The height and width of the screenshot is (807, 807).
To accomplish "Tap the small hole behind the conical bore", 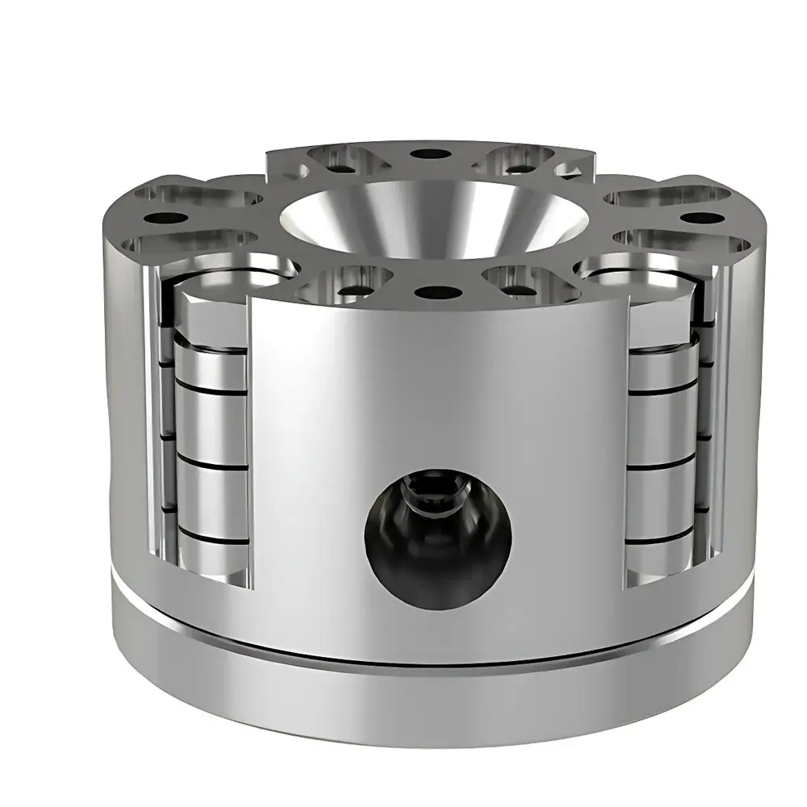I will click(420, 153).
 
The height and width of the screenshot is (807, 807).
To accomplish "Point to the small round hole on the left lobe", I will click(165, 217).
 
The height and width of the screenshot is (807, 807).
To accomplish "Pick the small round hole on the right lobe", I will click(704, 217).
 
